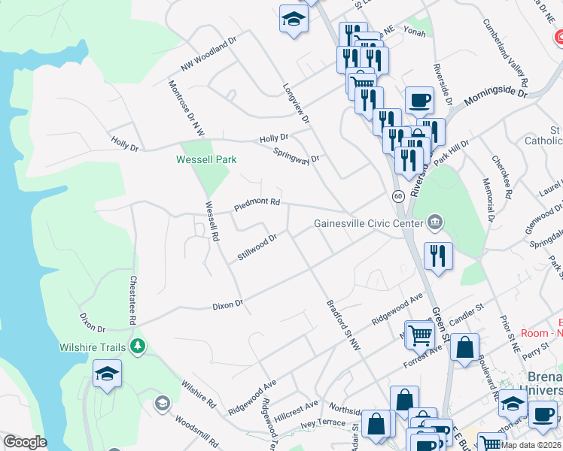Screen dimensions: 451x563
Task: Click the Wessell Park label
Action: click(x=206, y=159)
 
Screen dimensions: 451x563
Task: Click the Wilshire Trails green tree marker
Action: click(x=137, y=347)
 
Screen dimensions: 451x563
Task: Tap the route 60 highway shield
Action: click(x=397, y=196)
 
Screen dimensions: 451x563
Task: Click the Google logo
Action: click(x=25, y=442)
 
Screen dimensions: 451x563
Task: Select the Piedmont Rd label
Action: click(x=257, y=203)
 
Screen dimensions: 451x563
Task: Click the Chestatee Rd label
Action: click(x=133, y=300)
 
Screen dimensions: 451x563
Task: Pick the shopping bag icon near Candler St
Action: click(x=465, y=348)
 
